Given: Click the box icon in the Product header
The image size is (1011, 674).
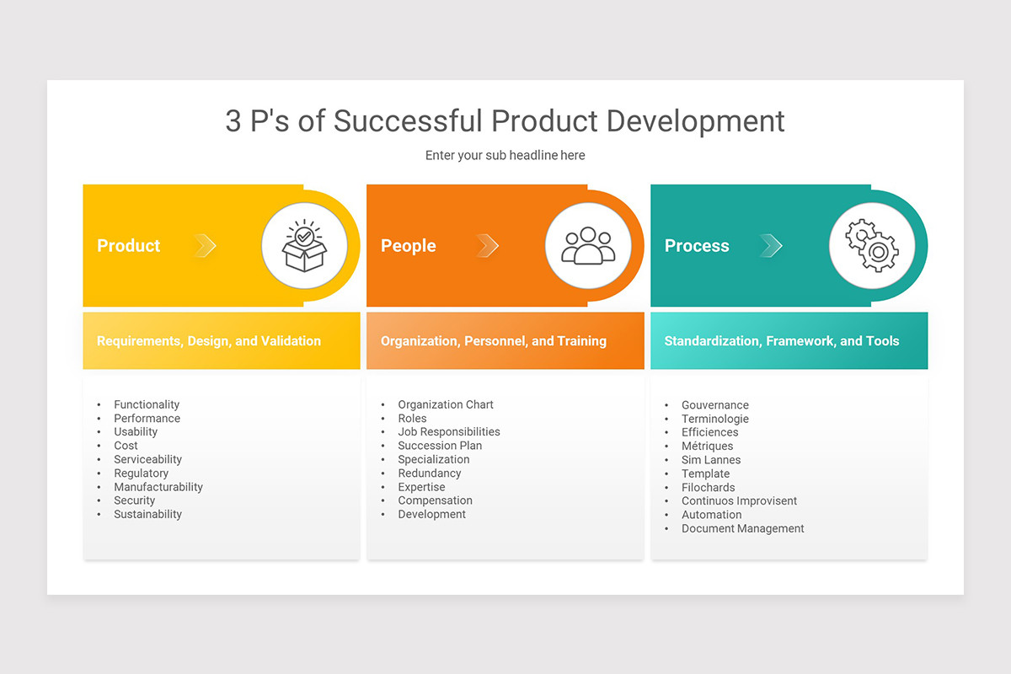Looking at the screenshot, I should point(304,245).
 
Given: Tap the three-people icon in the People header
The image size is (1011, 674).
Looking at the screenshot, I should point(588,245).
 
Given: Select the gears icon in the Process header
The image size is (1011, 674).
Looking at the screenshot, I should point(872,245).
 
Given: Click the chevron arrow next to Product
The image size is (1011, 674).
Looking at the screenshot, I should point(206,245).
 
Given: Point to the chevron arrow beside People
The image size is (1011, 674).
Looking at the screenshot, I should point(487,245).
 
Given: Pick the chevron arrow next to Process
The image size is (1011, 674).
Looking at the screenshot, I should point(771,245).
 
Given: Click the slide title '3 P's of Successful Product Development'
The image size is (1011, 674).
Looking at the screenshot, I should point(505,120).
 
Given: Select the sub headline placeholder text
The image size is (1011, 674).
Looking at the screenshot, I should point(505,155).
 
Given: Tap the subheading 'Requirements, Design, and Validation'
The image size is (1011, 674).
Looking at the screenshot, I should point(209,341).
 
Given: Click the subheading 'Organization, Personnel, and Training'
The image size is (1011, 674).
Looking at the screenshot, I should point(494,341).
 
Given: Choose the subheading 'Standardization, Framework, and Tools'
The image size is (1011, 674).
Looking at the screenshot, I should point(782,341).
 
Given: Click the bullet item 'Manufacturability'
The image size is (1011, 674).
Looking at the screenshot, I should point(158,487).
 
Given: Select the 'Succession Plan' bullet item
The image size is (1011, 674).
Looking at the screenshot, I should point(440,446).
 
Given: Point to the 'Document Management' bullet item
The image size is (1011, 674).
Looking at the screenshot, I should point(742,529).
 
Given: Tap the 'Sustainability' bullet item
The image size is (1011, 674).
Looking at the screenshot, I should point(147,515).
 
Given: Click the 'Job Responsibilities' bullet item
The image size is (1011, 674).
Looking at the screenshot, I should point(449,432).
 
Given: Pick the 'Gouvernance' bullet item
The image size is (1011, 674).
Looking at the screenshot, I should point(714,405).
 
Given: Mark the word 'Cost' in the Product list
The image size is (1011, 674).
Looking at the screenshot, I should point(126,446).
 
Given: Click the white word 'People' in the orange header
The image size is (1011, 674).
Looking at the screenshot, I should point(409,246).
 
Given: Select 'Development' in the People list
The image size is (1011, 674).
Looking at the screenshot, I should point(431,515).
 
